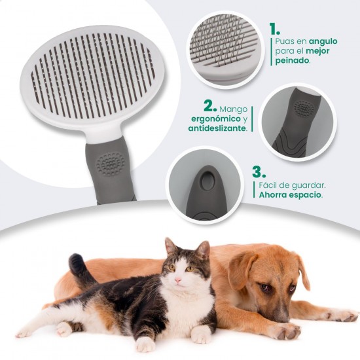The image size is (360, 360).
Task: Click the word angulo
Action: [x=323, y=41]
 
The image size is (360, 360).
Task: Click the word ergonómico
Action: [x=215, y=119]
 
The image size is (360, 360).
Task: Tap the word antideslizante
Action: [x=217, y=128]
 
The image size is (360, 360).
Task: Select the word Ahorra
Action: [x=273, y=195]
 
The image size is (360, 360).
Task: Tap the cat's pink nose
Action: [x=178, y=280]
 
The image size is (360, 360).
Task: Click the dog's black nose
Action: [x=281, y=317]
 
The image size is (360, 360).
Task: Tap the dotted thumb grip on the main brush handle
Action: [x=110, y=164]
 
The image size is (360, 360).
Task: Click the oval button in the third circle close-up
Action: [x=207, y=181]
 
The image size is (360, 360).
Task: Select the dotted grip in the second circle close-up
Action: [x=304, y=108]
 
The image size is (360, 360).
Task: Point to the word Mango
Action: [x=234, y=109]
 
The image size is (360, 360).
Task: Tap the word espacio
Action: [x=306, y=195]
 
